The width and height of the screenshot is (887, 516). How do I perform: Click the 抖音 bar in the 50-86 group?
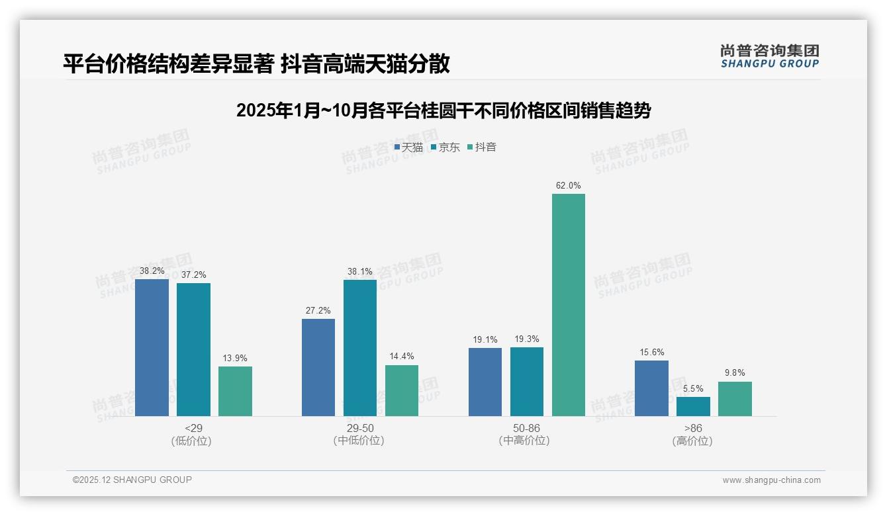coord(569,304)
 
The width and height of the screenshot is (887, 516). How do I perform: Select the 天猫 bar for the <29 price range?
coord(152,347)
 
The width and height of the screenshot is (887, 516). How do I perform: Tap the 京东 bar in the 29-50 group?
coord(360,347)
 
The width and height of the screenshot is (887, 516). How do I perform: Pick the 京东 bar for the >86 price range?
coord(693,406)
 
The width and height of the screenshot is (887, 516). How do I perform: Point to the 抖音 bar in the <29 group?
coord(235,391)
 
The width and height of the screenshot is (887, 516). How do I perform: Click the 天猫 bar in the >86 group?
coord(651,388)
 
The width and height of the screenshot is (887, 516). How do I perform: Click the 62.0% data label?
coord(568,186)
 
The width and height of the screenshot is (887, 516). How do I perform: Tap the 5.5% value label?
coord(693,388)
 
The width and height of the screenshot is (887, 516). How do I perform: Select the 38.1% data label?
coord(360,271)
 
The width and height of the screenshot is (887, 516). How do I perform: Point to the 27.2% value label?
coord(318,310)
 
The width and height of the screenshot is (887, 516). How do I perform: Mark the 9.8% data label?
coord(735,373)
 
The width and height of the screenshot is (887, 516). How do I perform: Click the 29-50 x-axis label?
coord(359,429)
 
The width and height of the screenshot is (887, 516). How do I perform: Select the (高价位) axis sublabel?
coord(692,441)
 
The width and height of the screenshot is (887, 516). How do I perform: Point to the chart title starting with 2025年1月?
coord(443,110)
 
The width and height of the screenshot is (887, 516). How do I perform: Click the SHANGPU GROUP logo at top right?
coord(769,56)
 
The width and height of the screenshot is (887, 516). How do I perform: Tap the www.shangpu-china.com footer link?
coord(771,480)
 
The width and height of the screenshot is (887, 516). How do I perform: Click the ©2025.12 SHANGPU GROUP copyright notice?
coord(132,480)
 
